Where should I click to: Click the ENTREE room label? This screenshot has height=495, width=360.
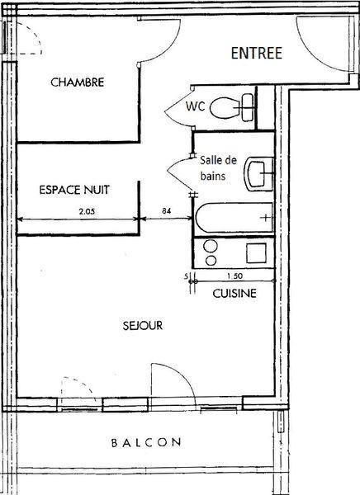(x=256, y=53)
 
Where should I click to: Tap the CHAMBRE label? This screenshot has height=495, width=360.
(x=78, y=82)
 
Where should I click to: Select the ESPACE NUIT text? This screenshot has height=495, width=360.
(x=74, y=190)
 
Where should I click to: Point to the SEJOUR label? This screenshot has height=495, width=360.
(x=143, y=326)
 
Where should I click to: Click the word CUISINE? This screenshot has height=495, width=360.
(x=234, y=293)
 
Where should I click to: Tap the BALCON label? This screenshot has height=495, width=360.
(x=146, y=442)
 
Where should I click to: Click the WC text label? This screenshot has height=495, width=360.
(x=195, y=106)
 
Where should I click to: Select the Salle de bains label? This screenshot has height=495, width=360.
(x=218, y=168)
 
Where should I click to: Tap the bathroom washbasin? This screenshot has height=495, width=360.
(x=258, y=174)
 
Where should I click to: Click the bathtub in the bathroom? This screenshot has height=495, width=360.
(x=234, y=218)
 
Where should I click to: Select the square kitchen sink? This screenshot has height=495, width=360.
(x=256, y=253)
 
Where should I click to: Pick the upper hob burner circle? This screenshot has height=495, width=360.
(x=211, y=246)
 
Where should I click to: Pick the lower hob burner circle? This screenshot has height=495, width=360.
(x=211, y=261)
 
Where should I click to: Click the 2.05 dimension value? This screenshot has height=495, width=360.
(x=87, y=211)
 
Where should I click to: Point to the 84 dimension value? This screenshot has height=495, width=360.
(x=167, y=210)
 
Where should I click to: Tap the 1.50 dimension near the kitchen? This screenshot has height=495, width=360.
(x=234, y=276)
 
